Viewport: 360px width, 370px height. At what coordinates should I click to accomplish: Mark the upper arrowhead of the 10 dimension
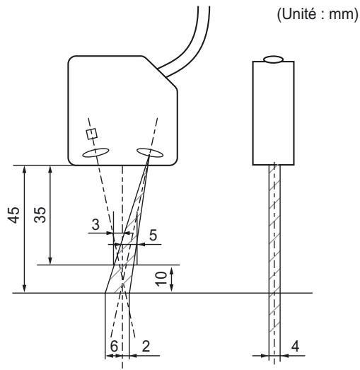pyautogui.click(x=172, y=268)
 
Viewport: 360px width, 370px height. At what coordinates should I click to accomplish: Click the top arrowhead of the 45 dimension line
pyautogui.click(x=25, y=170)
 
